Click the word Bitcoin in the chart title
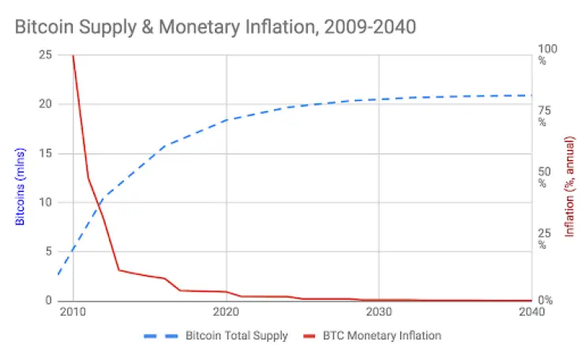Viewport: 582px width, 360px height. pos(44,27)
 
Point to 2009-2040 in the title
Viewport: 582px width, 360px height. pos(370,27)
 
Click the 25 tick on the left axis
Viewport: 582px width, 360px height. pos(45,55)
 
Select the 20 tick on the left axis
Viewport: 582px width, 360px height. pos(45,104)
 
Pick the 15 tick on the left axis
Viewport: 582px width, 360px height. pos(45,153)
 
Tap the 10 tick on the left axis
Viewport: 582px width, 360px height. pos(45,202)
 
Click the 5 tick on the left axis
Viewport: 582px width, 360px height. pos(49,251)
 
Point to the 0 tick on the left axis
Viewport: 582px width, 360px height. pos(49,300)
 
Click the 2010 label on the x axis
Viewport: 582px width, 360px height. pos(73,312)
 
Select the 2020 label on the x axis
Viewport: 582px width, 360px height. pos(226,312)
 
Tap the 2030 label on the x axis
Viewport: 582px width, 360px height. pos(379,312)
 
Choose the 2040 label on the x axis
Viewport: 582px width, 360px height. pos(531,312)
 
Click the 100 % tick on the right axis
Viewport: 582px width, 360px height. pos(547,54)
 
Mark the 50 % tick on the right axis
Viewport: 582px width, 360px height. pos(545,178)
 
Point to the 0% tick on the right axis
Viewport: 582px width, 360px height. pos(545,300)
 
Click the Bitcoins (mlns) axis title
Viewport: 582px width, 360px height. pos(20,186)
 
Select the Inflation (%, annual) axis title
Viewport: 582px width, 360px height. pos(569,186)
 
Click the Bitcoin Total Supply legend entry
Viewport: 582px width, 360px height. pos(216,336)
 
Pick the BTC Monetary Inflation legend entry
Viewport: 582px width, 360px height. pos(372,336)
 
